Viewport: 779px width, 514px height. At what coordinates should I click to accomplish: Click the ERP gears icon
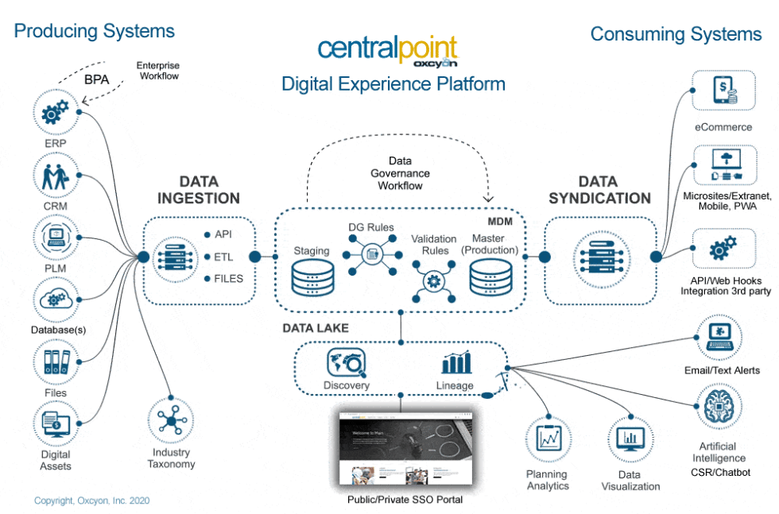pyautogui.click(x=54, y=114)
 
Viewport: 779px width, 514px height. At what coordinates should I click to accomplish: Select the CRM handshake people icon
pyautogui.click(x=54, y=176)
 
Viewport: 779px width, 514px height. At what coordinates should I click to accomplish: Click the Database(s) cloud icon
pyautogui.click(x=55, y=300)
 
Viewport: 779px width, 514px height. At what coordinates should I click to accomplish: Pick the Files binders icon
pyautogui.click(x=55, y=361)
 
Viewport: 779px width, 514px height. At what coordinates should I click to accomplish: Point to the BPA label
pyautogui.click(x=96, y=79)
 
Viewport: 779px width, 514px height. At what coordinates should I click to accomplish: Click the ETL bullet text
pyautogui.click(x=223, y=257)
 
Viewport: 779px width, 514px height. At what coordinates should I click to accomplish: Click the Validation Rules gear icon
pyautogui.click(x=434, y=280)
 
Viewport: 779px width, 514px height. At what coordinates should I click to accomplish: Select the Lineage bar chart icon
pyautogui.click(x=455, y=364)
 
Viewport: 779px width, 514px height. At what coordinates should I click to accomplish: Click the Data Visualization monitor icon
pyautogui.click(x=630, y=439)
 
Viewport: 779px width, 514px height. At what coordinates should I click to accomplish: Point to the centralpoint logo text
pyautogui.click(x=388, y=47)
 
